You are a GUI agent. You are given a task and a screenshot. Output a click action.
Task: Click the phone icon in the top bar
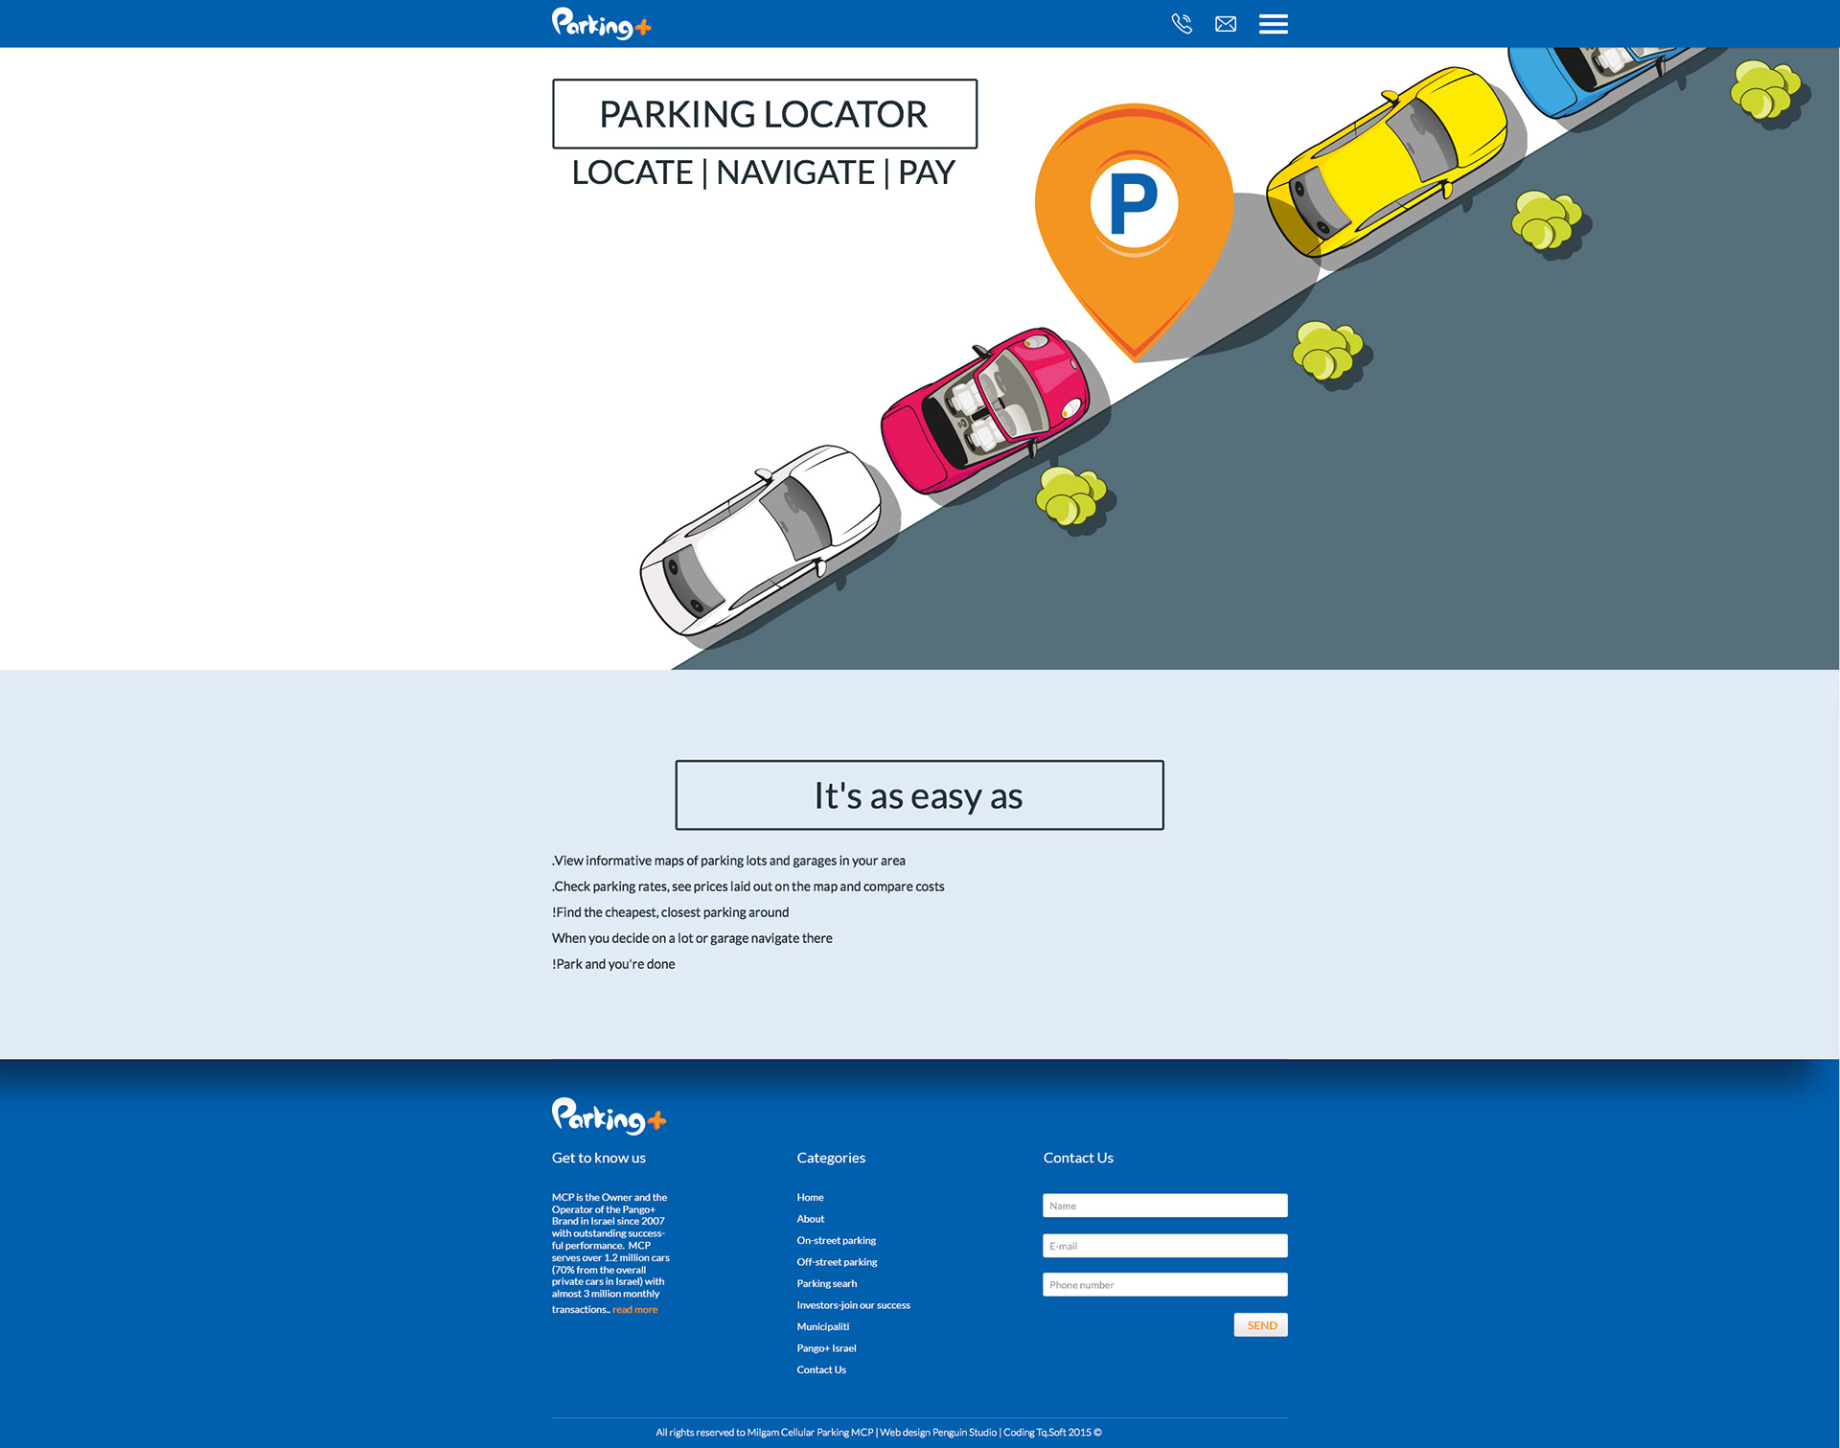(x=1182, y=24)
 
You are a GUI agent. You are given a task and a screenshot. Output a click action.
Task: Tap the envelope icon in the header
(x=1226, y=24)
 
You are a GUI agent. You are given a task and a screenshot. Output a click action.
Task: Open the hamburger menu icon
(x=1273, y=24)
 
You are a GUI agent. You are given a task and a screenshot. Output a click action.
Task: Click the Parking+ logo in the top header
(x=601, y=24)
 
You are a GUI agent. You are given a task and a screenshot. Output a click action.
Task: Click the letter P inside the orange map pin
(x=1134, y=203)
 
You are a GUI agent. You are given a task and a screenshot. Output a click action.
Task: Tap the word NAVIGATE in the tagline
(x=794, y=172)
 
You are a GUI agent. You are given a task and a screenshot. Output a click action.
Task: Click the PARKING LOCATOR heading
(x=764, y=114)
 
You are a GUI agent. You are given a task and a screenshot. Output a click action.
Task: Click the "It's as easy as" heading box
(x=919, y=795)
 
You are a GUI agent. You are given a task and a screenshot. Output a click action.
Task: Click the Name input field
(x=1164, y=1206)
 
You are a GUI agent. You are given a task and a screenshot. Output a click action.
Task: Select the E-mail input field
(x=1164, y=1246)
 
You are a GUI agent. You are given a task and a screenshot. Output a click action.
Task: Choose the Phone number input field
(x=1164, y=1285)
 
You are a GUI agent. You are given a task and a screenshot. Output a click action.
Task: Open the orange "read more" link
(x=634, y=1310)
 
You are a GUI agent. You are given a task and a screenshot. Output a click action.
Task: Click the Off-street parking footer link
(x=837, y=1262)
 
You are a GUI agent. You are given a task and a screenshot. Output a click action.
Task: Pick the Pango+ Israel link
(x=826, y=1348)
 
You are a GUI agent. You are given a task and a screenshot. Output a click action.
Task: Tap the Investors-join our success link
(x=853, y=1305)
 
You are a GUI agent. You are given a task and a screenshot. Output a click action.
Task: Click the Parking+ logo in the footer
(x=609, y=1116)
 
